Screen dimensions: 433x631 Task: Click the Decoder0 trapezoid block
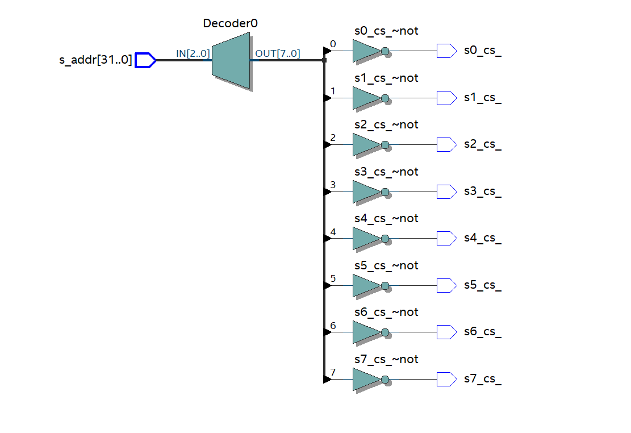pyautogui.click(x=231, y=60)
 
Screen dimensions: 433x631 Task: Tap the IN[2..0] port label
pyautogui.click(x=193, y=54)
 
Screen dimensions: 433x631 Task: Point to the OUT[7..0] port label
pyautogui.click(x=278, y=54)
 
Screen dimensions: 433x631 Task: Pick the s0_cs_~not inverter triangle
pyautogui.click(x=365, y=51)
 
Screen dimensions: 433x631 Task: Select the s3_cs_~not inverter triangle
pyautogui.click(x=365, y=191)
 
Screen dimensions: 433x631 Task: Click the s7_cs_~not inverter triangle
pyautogui.click(x=365, y=379)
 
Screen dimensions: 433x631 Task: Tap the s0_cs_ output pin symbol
pyautogui.click(x=446, y=51)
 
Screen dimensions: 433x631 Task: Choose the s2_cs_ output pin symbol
pyautogui.click(x=446, y=144)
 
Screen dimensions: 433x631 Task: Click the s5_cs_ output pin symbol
pyautogui.click(x=446, y=285)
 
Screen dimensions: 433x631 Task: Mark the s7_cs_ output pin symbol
pyautogui.click(x=446, y=379)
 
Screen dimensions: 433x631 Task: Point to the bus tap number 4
pyautogui.click(x=333, y=232)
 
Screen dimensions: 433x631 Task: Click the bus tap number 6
pyautogui.click(x=333, y=326)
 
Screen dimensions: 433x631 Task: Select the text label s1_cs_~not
pyautogui.click(x=386, y=78)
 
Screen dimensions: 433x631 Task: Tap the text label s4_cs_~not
pyautogui.click(x=386, y=219)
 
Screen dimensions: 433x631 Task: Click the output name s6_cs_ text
pyautogui.click(x=483, y=332)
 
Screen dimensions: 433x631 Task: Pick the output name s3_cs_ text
pyautogui.click(x=483, y=191)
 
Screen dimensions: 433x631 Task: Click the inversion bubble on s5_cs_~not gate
pyautogui.click(x=385, y=285)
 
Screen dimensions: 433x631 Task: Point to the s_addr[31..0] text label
pyautogui.click(x=95, y=60)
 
